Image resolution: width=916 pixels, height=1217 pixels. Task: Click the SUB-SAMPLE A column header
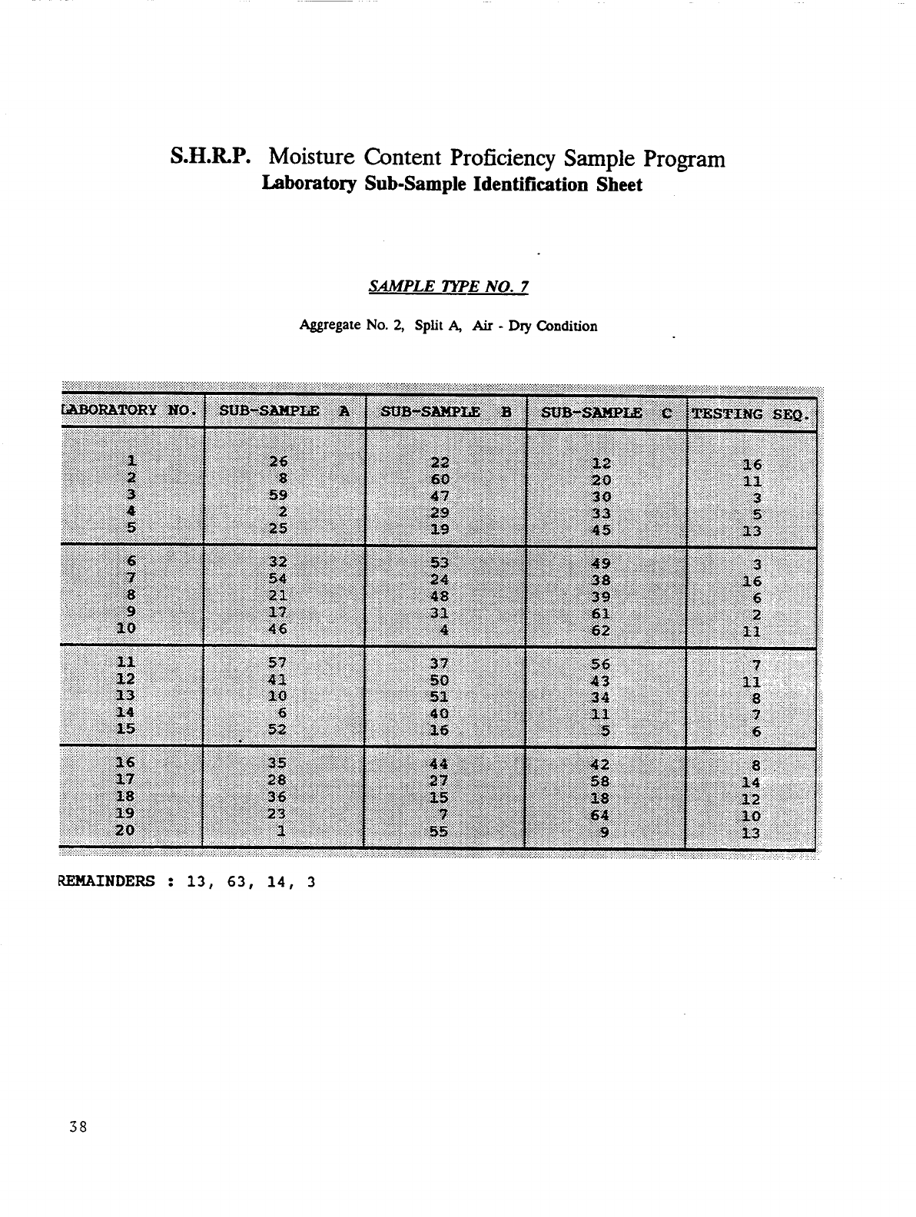284,412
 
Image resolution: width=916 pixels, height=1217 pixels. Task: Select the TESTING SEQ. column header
750,415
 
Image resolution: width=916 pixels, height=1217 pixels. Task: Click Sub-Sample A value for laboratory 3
278,496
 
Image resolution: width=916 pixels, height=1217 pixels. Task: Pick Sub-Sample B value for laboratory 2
441,479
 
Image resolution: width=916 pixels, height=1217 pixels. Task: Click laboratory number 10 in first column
125,628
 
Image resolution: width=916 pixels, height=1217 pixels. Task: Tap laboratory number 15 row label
125,728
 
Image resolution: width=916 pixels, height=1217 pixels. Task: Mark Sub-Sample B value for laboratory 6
440,563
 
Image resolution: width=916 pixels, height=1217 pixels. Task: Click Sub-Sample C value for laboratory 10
600,631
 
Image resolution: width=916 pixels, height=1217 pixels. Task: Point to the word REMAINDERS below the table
106,880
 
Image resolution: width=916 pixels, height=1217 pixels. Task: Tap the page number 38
78,1128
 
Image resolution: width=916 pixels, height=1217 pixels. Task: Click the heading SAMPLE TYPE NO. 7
449,287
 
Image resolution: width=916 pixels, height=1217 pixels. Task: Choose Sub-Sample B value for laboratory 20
440,831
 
